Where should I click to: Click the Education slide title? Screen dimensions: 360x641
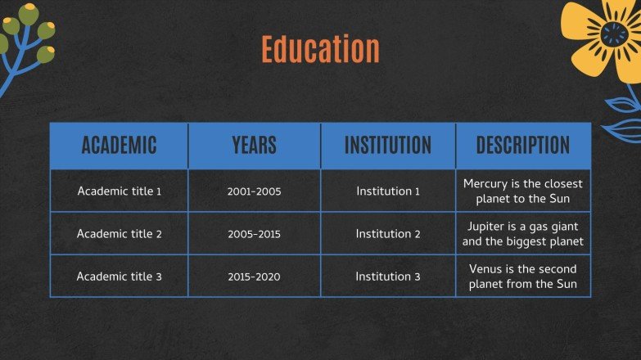pyautogui.click(x=320, y=49)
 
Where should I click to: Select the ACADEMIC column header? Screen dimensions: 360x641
pyautogui.click(x=119, y=146)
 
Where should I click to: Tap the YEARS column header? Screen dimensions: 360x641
pyautogui.click(x=254, y=146)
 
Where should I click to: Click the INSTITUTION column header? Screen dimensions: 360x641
pyautogui.click(x=387, y=146)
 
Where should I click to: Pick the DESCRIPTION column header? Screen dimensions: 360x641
pyautogui.click(x=523, y=146)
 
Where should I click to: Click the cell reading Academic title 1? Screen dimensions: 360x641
pyautogui.click(x=119, y=191)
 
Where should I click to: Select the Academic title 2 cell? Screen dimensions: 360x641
pyautogui.click(x=119, y=234)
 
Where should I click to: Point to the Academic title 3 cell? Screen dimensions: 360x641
pyautogui.click(x=119, y=277)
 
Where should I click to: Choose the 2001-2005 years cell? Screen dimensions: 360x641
pyautogui.click(x=254, y=191)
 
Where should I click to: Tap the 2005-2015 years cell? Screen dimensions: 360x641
pyautogui.click(x=254, y=234)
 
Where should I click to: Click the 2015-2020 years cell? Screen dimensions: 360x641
pyautogui.click(x=254, y=277)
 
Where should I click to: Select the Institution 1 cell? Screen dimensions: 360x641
pyautogui.click(x=387, y=191)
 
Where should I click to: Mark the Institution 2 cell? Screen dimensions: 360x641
pyautogui.click(x=387, y=234)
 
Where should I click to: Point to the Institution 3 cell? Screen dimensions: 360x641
pyautogui.click(x=387, y=277)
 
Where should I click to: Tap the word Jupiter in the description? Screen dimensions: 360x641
pyautogui.click(x=489, y=227)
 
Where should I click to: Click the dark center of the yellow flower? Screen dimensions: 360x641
pyautogui.click(x=612, y=34)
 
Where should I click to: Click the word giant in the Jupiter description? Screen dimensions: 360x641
pyautogui.click(x=562, y=227)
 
